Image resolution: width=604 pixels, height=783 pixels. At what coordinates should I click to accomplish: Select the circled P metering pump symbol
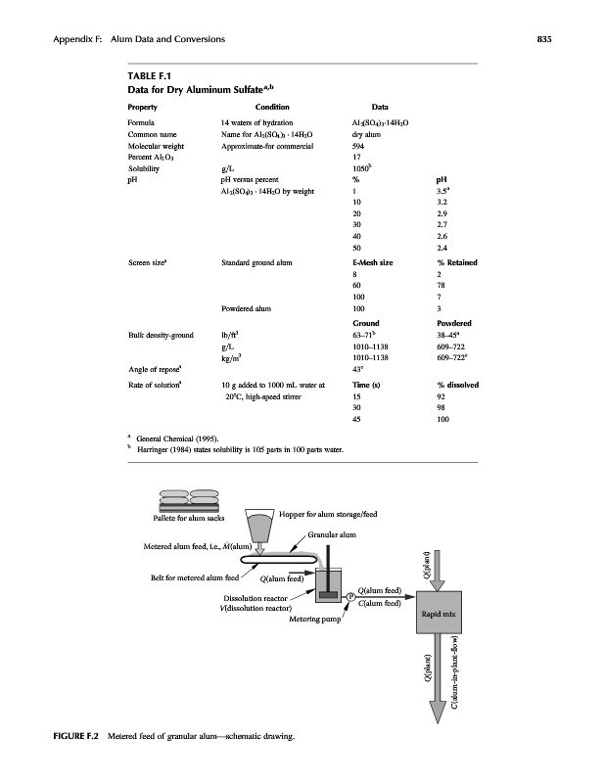(x=349, y=597)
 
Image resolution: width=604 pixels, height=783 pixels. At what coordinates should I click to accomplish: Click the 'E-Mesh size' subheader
(x=372, y=262)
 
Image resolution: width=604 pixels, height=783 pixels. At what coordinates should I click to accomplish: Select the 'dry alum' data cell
(x=364, y=133)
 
